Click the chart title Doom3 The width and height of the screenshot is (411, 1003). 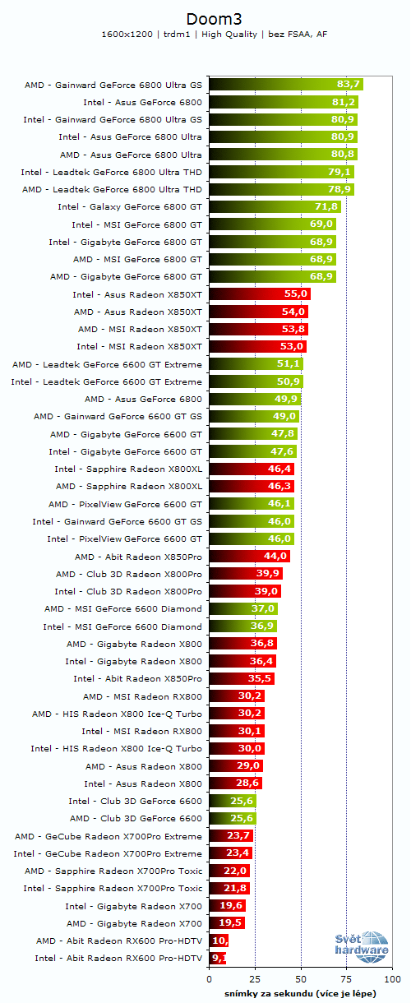tap(205, 17)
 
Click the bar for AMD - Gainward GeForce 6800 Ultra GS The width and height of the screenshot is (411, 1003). tap(285, 84)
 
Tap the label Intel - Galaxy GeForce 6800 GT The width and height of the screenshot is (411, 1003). tap(130, 206)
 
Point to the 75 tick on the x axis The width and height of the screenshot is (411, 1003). tap(347, 980)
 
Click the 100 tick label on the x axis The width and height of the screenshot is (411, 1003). tap(392, 980)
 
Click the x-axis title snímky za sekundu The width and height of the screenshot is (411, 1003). tap(300, 993)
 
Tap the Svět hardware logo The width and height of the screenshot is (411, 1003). tap(361, 947)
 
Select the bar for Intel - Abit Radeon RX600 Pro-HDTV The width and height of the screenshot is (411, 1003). tap(217, 958)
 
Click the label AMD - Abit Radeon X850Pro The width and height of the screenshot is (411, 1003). tap(138, 557)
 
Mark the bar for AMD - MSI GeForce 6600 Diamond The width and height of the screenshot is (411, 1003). tap(243, 608)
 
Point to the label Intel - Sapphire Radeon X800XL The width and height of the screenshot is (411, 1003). tap(128, 469)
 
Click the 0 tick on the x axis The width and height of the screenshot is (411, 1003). tap(210, 980)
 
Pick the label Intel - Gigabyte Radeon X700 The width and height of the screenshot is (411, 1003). tap(135, 905)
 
